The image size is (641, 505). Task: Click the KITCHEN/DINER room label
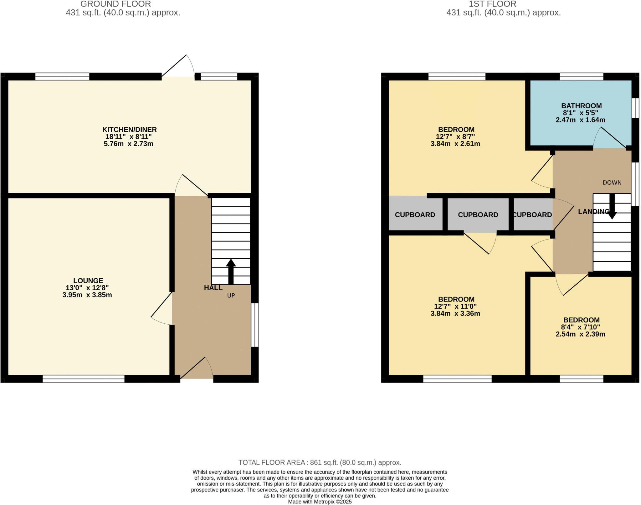pos(129,130)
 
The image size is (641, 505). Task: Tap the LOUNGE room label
pos(88,281)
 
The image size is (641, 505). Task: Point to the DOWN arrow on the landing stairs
pos(612,207)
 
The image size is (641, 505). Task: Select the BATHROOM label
pos(581,106)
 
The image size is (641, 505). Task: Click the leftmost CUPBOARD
pos(415,215)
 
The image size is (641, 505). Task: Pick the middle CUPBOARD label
pos(478,215)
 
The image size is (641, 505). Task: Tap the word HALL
pos(213,288)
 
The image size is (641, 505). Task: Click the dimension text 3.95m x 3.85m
pos(87,295)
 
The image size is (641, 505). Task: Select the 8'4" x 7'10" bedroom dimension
pos(580,327)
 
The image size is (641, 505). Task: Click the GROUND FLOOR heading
pos(115,4)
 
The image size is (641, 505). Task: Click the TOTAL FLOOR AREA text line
pos(320,462)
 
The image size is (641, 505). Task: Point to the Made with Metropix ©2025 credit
pos(320,502)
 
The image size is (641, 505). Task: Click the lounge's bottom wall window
pos(84,379)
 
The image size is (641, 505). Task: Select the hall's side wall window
pos(255,325)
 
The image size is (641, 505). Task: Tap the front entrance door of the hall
pos(197,369)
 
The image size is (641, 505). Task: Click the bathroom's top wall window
pos(581,76)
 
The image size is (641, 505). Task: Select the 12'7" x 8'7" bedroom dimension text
pos(455,137)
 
